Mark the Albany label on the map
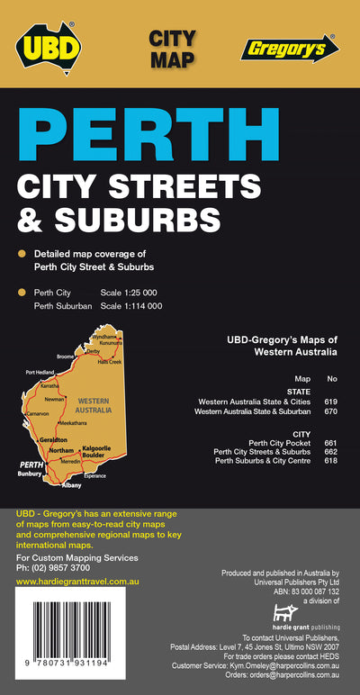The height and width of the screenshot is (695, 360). [x=71, y=485]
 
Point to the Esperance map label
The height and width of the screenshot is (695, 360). [x=95, y=475]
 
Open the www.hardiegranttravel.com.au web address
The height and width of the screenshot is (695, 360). [x=76, y=582]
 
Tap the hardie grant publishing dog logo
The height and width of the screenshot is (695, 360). [x=284, y=613]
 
